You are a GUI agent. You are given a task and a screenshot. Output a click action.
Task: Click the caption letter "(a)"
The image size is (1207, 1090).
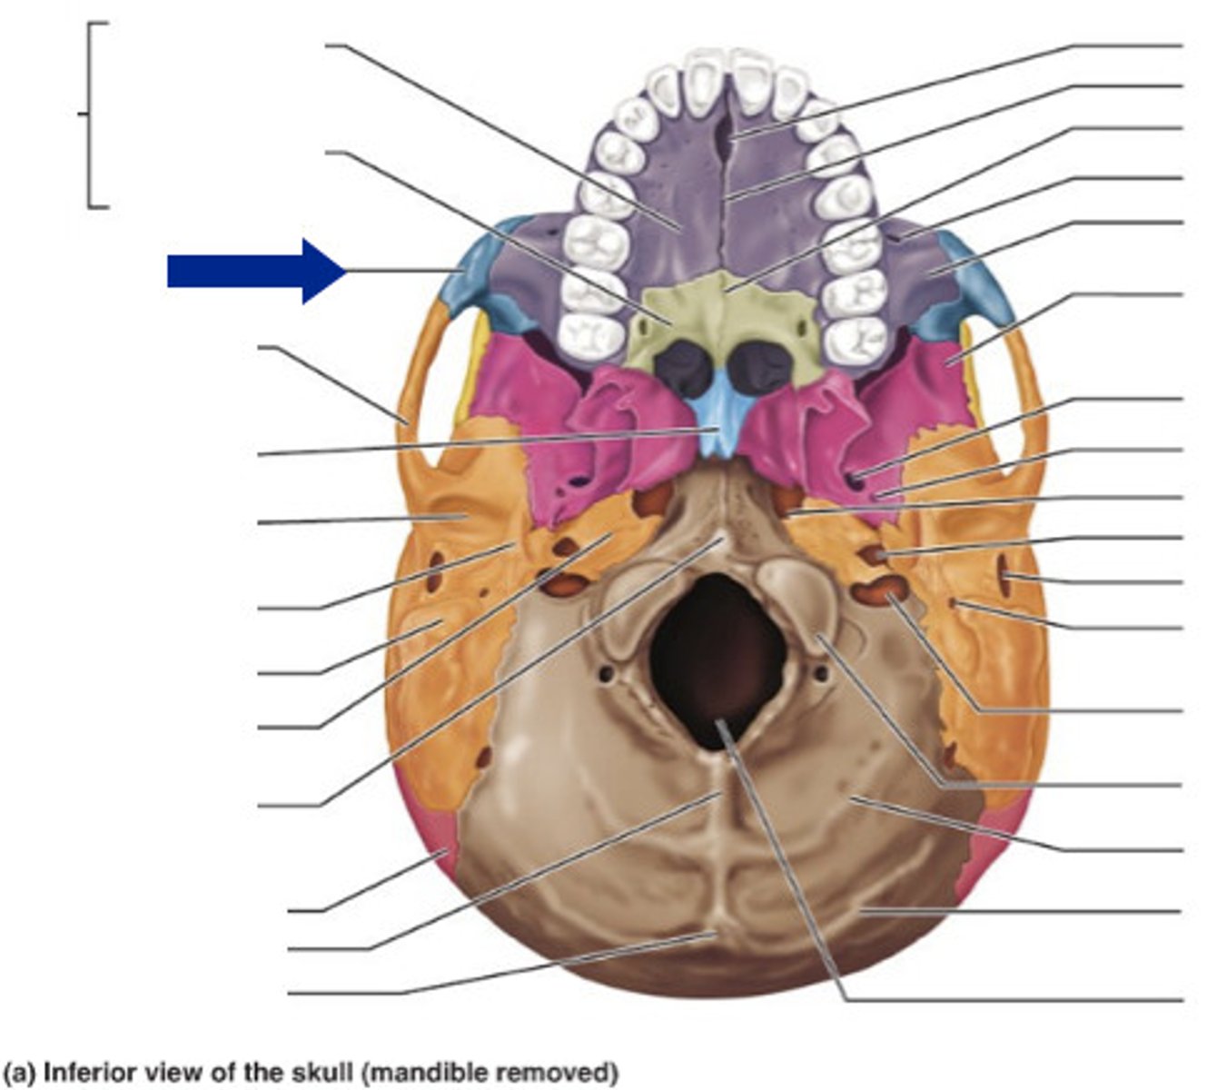pyautogui.click(x=20, y=1074)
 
